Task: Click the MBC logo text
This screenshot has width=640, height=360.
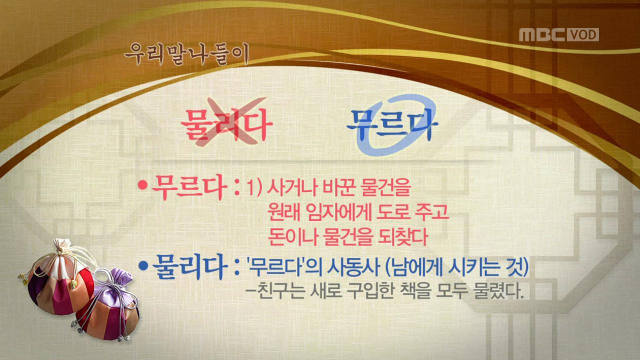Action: click(x=542, y=34)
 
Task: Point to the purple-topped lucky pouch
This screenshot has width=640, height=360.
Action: click(x=110, y=305)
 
